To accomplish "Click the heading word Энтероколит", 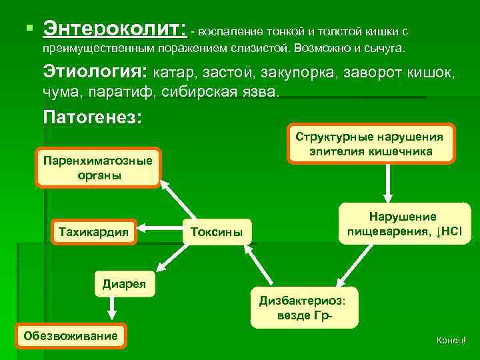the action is [114, 30].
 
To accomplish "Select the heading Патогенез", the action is [92, 117].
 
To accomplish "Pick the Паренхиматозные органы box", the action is [98, 168].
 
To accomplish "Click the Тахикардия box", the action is [94, 231].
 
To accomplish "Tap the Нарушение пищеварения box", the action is [404, 225].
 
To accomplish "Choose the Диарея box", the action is [125, 283].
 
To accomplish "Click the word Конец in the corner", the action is [449, 341].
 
